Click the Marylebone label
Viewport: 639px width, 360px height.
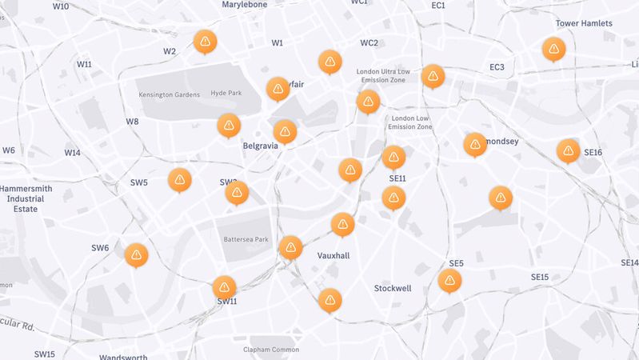point(244,5)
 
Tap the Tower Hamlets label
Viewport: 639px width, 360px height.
point(584,23)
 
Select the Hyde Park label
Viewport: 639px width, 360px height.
point(226,94)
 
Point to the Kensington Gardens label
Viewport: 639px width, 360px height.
point(169,94)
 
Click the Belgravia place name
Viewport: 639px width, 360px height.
point(260,146)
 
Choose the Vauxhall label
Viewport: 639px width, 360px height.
point(333,255)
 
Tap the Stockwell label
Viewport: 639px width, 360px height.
point(392,288)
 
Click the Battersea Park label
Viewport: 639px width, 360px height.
point(246,240)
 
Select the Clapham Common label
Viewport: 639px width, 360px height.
point(273,349)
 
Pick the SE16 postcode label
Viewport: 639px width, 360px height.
point(593,153)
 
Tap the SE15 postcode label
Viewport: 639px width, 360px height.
point(540,277)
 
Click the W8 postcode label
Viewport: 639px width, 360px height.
point(132,122)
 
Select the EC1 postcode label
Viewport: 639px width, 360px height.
point(438,6)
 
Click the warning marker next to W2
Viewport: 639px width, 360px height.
point(205,41)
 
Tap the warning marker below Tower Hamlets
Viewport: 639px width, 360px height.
point(553,48)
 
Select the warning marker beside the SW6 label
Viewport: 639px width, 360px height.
point(137,254)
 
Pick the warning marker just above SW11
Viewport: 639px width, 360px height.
point(224,286)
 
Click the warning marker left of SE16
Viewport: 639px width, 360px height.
point(568,150)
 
